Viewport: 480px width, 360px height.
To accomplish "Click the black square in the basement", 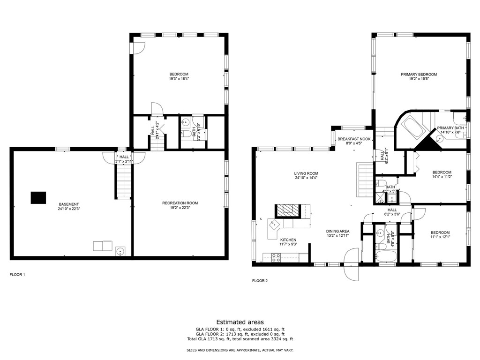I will [38, 198].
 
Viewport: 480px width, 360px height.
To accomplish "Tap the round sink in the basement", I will [120, 252].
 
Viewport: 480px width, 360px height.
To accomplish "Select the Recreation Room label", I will [180, 203].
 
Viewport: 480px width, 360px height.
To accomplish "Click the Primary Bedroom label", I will [419, 75].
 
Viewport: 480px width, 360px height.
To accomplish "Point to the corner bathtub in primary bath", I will [413, 127].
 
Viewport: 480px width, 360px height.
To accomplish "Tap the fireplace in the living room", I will [286, 210].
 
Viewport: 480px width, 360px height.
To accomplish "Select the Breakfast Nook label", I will [354, 139].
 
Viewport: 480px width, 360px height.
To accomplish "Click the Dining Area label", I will [337, 231].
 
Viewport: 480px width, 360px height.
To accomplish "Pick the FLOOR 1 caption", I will [17, 274].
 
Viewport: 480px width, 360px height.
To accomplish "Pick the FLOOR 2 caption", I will [260, 281].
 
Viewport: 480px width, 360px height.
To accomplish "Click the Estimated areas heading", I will [240, 322].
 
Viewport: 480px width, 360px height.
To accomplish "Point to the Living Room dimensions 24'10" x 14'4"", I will [307, 178].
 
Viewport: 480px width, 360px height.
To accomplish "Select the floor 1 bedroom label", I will [179, 74].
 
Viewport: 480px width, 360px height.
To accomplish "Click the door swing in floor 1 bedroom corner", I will [139, 48].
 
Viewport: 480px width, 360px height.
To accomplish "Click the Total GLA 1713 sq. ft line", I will [240, 339].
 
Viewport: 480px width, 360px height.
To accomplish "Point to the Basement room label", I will [69, 204].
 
